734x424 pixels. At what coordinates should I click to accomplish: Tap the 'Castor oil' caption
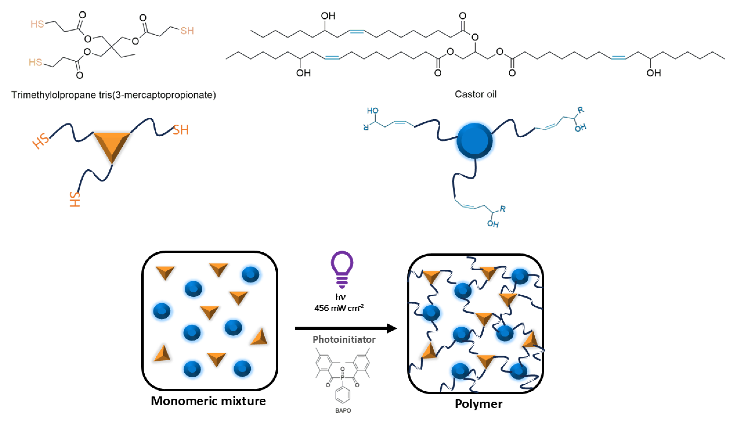pos(475,94)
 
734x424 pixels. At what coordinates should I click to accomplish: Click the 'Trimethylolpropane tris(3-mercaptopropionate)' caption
pos(113,95)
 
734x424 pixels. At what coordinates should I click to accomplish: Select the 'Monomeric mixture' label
pos(208,401)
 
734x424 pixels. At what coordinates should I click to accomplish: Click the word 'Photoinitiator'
pos(344,340)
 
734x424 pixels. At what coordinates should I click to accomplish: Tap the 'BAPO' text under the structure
pos(343,411)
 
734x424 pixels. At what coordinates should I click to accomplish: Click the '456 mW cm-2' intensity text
pos(339,308)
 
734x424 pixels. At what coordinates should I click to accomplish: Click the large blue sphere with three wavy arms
pos(474,141)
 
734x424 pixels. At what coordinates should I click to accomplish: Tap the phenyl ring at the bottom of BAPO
pos(343,395)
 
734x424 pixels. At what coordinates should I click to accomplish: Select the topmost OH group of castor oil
pos(328,16)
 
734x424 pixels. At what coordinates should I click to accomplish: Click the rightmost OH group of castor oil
pos(653,73)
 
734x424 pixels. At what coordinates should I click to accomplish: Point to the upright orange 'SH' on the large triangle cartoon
pos(181,130)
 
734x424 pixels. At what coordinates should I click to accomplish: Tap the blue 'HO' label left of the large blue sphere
pos(372,111)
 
